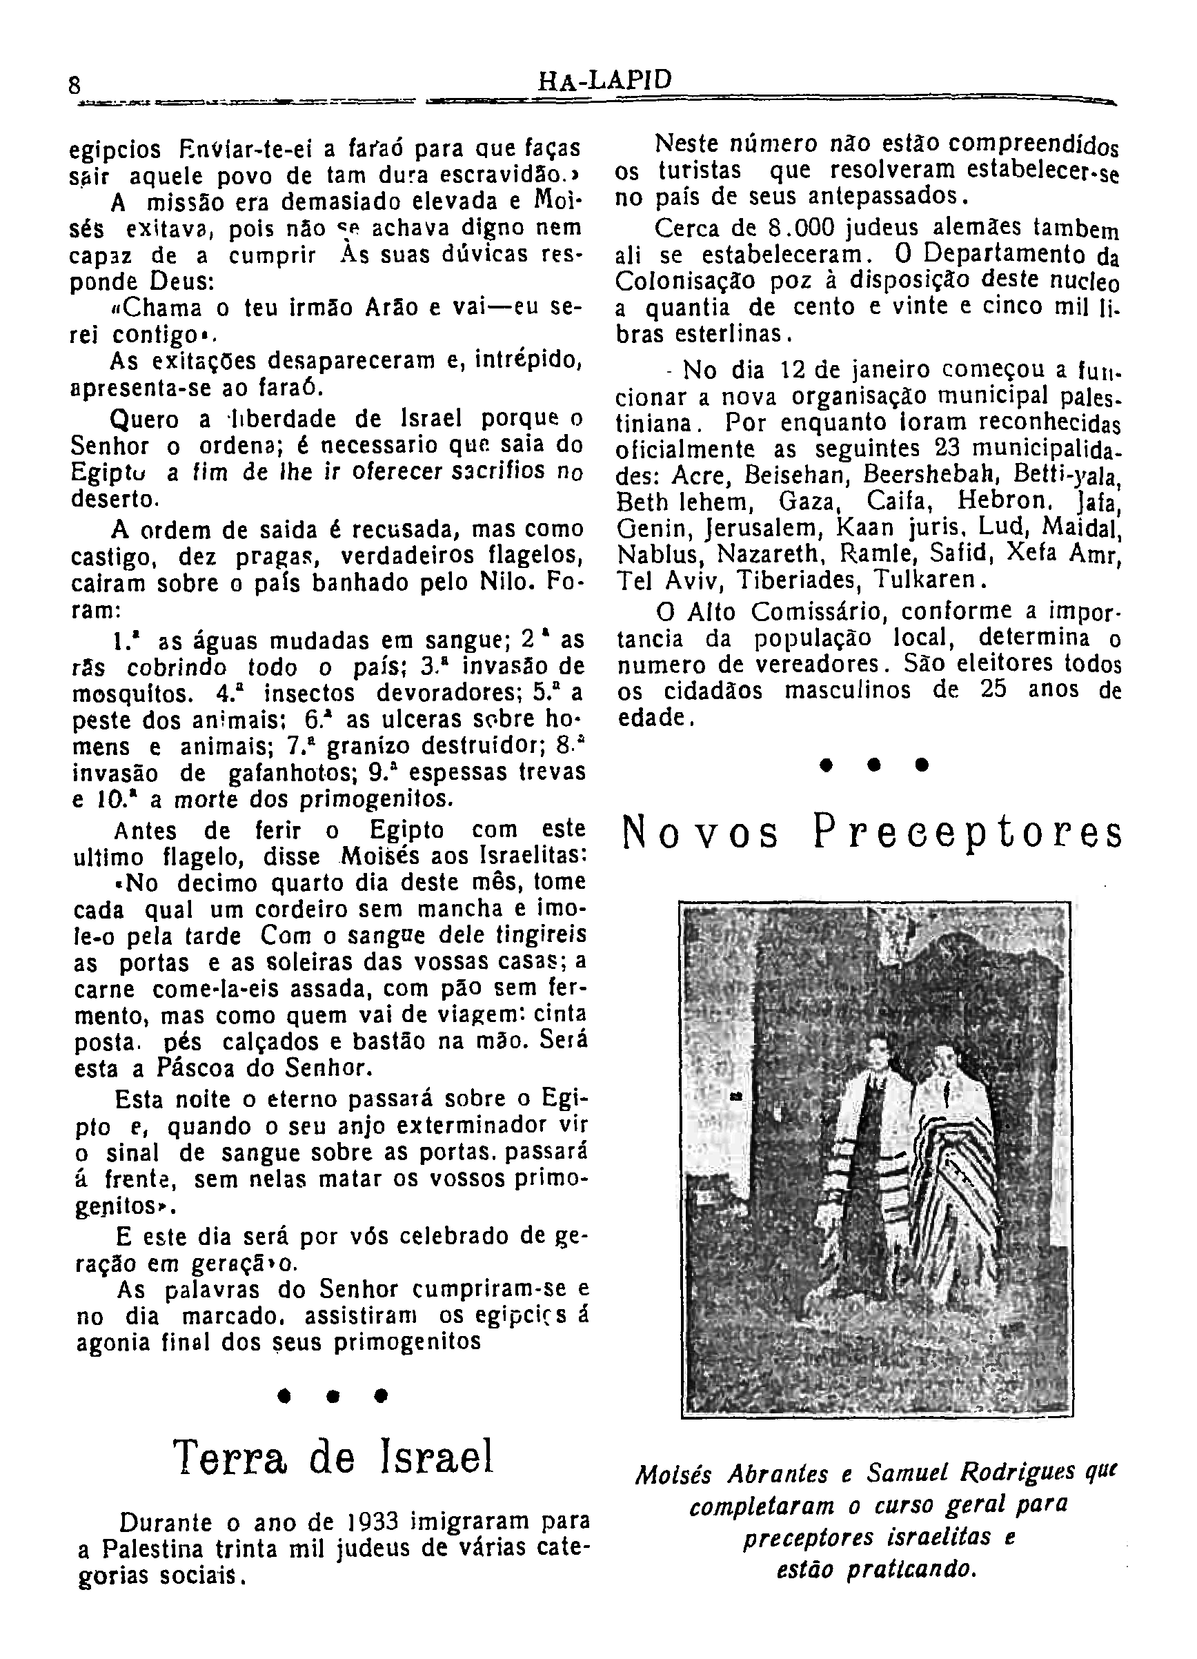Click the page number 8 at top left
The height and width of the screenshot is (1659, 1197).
pos(74,86)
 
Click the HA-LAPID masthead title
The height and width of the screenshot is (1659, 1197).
pos(604,81)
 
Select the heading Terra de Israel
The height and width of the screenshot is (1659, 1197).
pos(333,1456)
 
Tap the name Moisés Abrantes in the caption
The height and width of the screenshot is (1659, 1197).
pos(732,1474)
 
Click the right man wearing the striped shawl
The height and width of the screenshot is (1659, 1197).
pos(951,1170)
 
